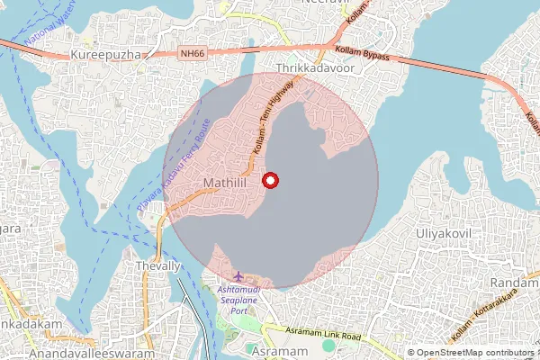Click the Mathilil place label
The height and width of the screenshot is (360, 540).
point(219,184)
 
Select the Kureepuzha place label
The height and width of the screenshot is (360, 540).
point(107,56)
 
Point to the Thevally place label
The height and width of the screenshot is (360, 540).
point(157,266)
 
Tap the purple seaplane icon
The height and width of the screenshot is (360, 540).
point(238,274)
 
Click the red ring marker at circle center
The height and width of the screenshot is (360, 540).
point(270,180)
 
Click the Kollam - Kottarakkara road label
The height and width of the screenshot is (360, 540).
point(490,319)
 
